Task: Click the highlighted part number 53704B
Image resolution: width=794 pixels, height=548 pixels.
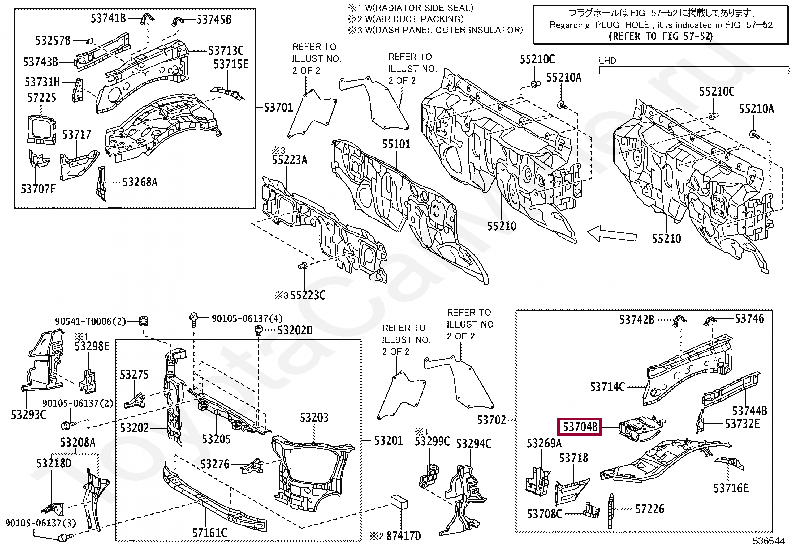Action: click(x=580, y=427)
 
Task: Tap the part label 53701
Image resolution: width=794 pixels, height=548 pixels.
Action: click(x=279, y=107)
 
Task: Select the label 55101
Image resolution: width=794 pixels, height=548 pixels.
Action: click(x=396, y=144)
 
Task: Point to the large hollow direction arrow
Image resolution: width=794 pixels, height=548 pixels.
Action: click(x=611, y=234)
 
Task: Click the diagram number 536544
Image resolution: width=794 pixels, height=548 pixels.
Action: click(x=769, y=541)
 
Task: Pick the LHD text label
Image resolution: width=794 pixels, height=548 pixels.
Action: click(x=607, y=61)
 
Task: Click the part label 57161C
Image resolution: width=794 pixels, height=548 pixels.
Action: click(x=209, y=533)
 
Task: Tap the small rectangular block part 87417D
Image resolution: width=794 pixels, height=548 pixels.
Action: click(x=399, y=501)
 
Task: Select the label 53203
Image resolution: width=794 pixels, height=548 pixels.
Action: click(x=314, y=417)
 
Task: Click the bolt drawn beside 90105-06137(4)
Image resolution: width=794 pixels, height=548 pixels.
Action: click(x=193, y=319)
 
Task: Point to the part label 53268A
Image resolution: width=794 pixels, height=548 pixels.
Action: click(x=140, y=182)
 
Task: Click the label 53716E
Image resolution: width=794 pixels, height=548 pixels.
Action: click(x=731, y=488)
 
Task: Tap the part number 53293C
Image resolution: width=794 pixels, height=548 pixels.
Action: click(x=28, y=414)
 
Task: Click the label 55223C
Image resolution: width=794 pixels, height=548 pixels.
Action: click(x=308, y=295)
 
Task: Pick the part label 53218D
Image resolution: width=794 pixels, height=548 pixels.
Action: click(x=54, y=463)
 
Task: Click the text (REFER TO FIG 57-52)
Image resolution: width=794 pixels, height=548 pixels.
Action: click(x=661, y=36)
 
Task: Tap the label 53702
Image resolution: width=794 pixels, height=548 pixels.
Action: click(x=491, y=420)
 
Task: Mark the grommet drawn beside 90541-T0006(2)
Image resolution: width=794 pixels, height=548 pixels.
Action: click(x=143, y=321)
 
